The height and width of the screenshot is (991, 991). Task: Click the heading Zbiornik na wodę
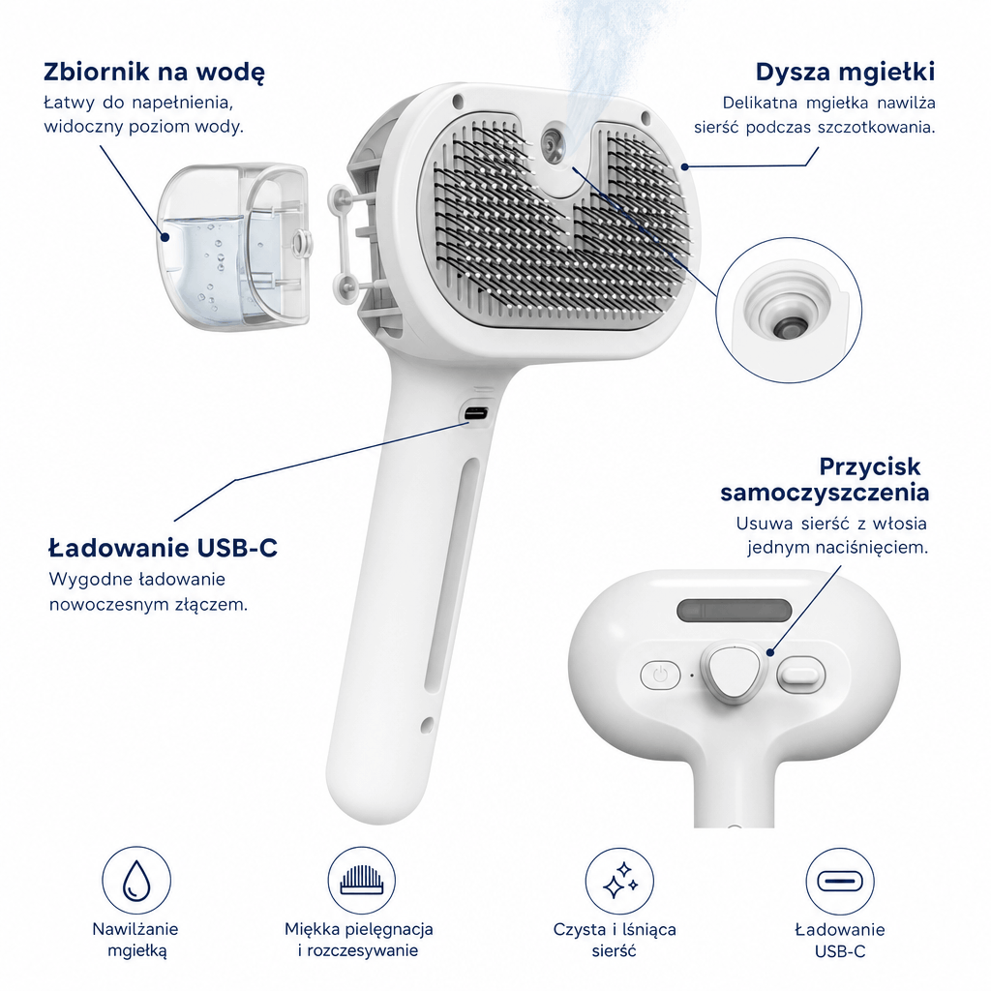tap(154, 72)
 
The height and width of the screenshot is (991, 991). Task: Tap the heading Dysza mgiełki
tap(845, 72)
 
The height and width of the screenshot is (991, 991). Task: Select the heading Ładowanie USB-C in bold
tap(163, 548)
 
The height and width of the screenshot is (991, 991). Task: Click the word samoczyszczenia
tap(825, 493)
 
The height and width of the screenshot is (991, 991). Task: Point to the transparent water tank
tap(232, 247)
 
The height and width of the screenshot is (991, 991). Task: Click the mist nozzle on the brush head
tap(555, 145)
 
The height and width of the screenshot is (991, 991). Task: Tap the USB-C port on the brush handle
tap(475, 414)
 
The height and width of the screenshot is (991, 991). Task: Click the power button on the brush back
tap(660, 675)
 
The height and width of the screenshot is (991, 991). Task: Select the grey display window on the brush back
tap(734, 611)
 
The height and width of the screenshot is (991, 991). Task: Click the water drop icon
tap(136, 881)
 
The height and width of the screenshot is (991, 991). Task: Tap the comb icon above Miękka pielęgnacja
tap(362, 881)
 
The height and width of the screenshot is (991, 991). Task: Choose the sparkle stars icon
tap(620, 881)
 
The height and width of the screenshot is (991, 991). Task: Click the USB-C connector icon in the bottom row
tap(840, 881)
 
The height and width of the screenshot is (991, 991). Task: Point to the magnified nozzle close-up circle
tap(789, 310)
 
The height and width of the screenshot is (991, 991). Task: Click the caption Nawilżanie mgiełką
tap(135, 940)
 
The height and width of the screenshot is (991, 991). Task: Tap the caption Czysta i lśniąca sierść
tap(615, 940)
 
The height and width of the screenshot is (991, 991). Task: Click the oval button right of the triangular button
tap(800, 675)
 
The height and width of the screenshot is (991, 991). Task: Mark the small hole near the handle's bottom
tap(427, 724)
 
